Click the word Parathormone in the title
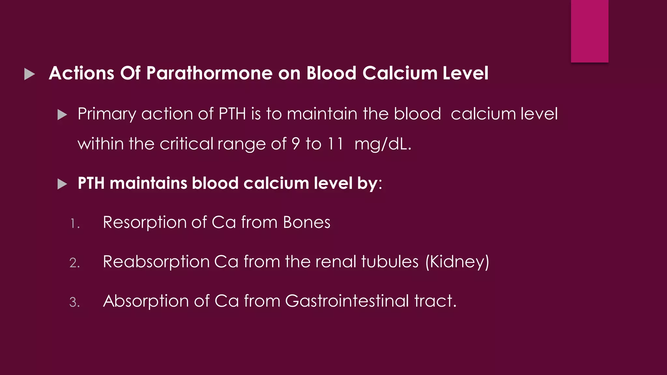pyautogui.click(x=209, y=73)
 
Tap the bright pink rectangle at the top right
pyautogui.click(x=589, y=31)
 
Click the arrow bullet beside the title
pyautogui.click(x=29, y=74)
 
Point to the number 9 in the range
pyautogui.click(x=295, y=144)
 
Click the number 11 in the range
pyautogui.click(x=335, y=144)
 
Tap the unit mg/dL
pyautogui.click(x=383, y=144)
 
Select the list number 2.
pyautogui.click(x=75, y=263)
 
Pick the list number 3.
pyautogui.click(x=75, y=302)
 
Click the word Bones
pyautogui.click(x=306, y=222)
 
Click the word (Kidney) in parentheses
pyautogui.click(x=457, y=262)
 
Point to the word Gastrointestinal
pyautogui.click(x=347, y=301)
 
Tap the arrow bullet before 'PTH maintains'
pyautogui.click(x=62, y=184)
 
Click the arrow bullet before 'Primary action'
pyautogui.click(x=62, y=115)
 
